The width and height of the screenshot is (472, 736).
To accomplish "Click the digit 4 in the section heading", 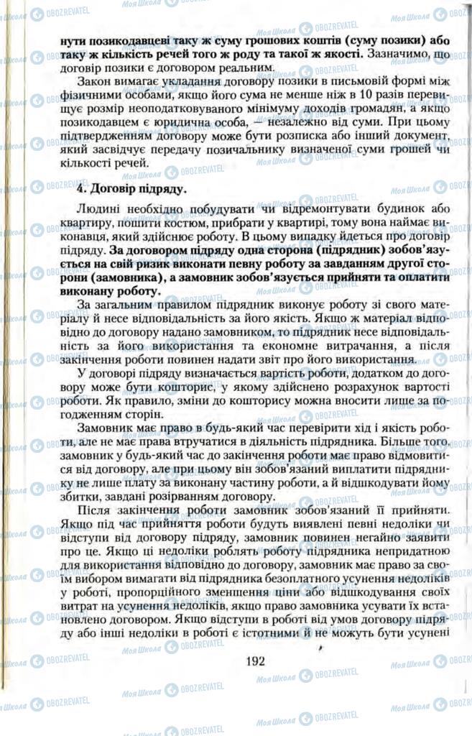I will pos(80,189).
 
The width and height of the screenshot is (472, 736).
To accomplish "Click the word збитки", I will pos(79,497).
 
